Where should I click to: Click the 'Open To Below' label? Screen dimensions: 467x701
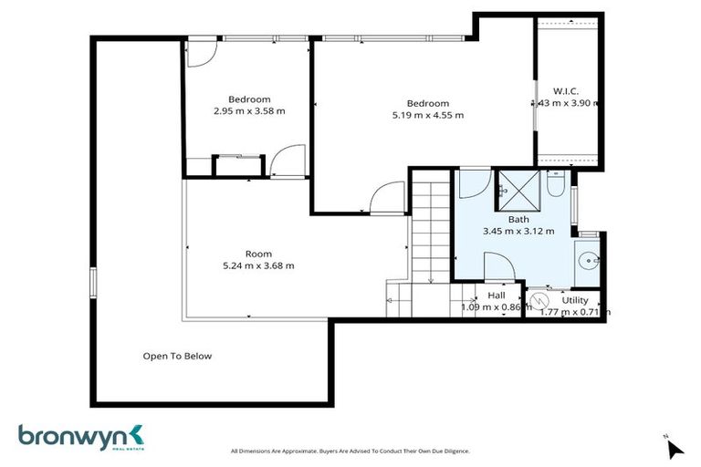(x=177, y=356)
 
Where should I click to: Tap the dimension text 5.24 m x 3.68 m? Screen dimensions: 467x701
(x=258, y=265)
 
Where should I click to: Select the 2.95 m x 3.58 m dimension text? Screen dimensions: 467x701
(x=249, y=111)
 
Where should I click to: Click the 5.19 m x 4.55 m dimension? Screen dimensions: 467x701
(x=427, y=115)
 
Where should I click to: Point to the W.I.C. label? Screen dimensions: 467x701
(x=566, y=90)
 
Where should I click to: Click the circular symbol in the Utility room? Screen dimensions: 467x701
(x=539, y=299)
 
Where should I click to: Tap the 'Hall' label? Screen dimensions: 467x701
(x=497, y=296)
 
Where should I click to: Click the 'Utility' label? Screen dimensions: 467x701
(x=575, y=300)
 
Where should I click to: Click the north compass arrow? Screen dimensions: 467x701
(x=675, y=448)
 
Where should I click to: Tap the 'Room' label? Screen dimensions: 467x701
(x=258, y=254)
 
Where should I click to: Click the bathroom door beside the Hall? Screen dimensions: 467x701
(x=500, y=268)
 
